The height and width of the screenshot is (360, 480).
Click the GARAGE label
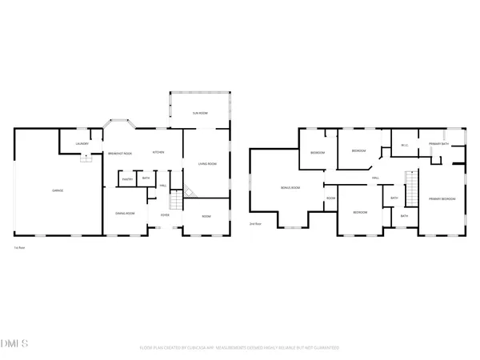coord(58,190)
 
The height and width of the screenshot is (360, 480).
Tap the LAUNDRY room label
coord(82,143)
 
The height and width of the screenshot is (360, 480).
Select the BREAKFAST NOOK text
coord(119,153)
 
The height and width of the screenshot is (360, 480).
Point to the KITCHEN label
coord(158,153)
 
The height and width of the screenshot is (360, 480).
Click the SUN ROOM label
coord(200,114)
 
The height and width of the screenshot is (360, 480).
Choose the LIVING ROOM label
coord(207,164)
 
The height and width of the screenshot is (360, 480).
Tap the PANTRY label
coord(126,180)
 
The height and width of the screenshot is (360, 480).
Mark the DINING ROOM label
coord(125,214)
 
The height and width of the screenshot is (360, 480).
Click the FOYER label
coord(165,214)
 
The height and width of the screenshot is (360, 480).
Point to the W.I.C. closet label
coord(405,144)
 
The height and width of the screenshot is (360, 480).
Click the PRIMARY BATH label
coord(438,144)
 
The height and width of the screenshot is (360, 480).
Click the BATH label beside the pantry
coord(146,178)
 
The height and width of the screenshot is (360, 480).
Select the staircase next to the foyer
coord(189,191)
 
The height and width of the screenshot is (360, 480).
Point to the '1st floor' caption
coord(17,249)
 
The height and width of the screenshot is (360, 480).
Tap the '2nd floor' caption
coord(255,224)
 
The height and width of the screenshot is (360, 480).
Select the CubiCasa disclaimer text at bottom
coord(240,348)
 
